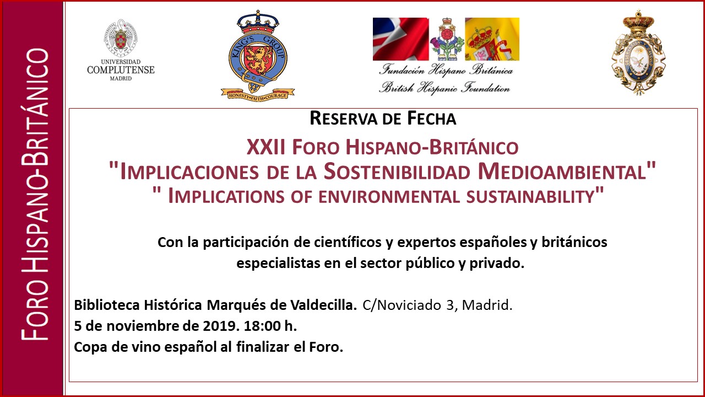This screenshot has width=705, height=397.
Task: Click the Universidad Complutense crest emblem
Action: point(121,38)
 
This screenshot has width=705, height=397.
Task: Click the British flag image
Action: point(400,39)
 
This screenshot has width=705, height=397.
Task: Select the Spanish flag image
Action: point(492,39)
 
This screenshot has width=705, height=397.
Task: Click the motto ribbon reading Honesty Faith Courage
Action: point(258,94)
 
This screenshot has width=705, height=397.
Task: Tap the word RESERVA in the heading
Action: point(343,119)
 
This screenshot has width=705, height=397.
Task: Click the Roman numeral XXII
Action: point(266,147)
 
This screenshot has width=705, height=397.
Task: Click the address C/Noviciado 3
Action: point(409,305)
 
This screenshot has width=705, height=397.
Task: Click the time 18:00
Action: point(262,326)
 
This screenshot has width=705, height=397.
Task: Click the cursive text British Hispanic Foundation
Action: point(444,87)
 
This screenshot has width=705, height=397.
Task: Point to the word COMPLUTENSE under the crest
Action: point(121,69)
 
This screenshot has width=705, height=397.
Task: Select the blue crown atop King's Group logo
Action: point(258,22)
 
